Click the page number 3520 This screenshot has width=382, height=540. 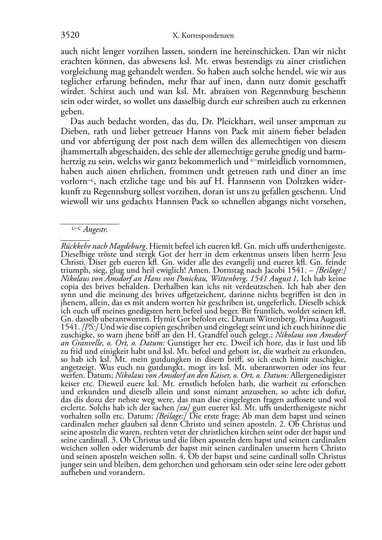[x=70, y=35]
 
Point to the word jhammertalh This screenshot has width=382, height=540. [x=80, y=152]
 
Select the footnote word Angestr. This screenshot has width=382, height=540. [x=95, y=230]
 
